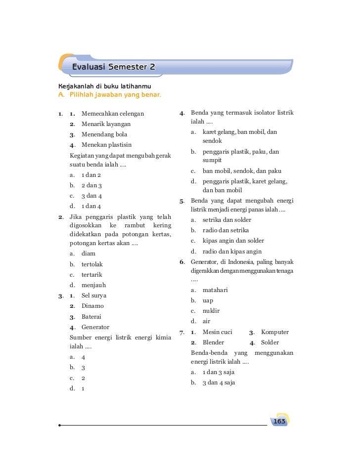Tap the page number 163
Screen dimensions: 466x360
[279, 421]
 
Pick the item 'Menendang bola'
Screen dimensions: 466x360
[104, 134]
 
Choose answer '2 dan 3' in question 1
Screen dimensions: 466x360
[91, 185]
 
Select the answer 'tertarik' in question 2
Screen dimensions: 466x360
[93, 274]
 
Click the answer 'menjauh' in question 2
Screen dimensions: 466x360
[94, 285]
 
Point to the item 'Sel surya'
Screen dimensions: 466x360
[94, 296]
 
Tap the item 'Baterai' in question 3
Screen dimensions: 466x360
[93, 316]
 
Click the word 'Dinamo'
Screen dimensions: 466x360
[92, 306]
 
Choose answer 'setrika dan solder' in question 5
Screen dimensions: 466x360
[226, 219]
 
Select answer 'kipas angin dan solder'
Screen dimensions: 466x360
[233, 241]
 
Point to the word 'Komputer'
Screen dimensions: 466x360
[275, 332]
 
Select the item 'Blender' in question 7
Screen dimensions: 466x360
[213, 342]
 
